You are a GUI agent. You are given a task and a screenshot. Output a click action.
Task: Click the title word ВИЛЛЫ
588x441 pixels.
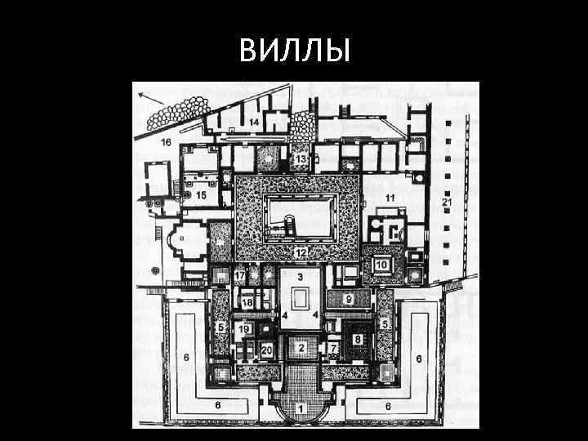click(295, 51)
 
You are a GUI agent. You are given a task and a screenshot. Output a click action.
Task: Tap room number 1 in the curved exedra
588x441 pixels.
click(301, 407)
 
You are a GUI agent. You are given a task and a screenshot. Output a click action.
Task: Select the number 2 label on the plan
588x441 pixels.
click(301, 349)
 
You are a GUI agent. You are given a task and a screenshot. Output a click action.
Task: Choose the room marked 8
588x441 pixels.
click(357, 338)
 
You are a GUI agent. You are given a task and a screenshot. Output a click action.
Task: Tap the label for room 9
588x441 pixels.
click(348, 301)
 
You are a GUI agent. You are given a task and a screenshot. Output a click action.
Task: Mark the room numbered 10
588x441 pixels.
click(381, 265)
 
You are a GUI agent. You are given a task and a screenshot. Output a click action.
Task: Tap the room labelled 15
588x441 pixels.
click(200, 196)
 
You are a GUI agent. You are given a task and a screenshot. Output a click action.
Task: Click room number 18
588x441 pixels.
click(247, 303)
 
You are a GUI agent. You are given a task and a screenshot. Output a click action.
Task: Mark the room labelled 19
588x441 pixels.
click(244, 328)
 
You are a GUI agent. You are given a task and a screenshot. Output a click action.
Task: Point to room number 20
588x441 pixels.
click(266, 350)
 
